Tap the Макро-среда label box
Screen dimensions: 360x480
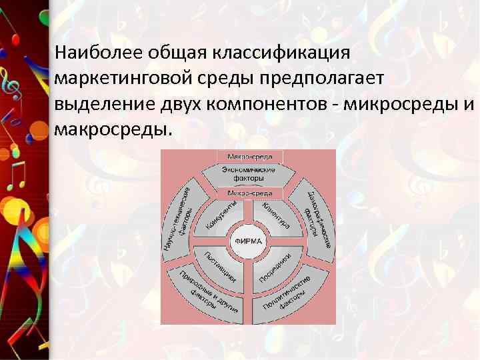[x=250, y=157]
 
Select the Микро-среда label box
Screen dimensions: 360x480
[x=250, y=193]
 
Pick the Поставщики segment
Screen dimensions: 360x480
[x=221, y=265]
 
